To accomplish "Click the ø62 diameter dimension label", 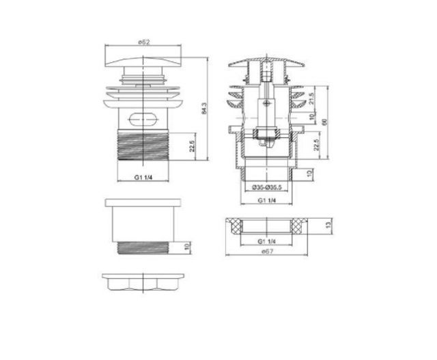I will click(x=144, y=42).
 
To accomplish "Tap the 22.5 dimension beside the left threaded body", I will click(x=193, y=146).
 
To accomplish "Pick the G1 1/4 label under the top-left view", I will click(x=144, y=179).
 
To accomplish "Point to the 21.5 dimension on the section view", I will click(x=312, y=98).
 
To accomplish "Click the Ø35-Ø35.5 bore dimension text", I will click(x=266, y=188).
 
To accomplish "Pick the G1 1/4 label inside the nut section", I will click(x=267, y=242).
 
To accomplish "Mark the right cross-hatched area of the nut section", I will click(x=298, y=226).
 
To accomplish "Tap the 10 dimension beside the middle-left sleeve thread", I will click(x=193, y=247).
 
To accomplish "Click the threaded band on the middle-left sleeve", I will click(x=144, y=247).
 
